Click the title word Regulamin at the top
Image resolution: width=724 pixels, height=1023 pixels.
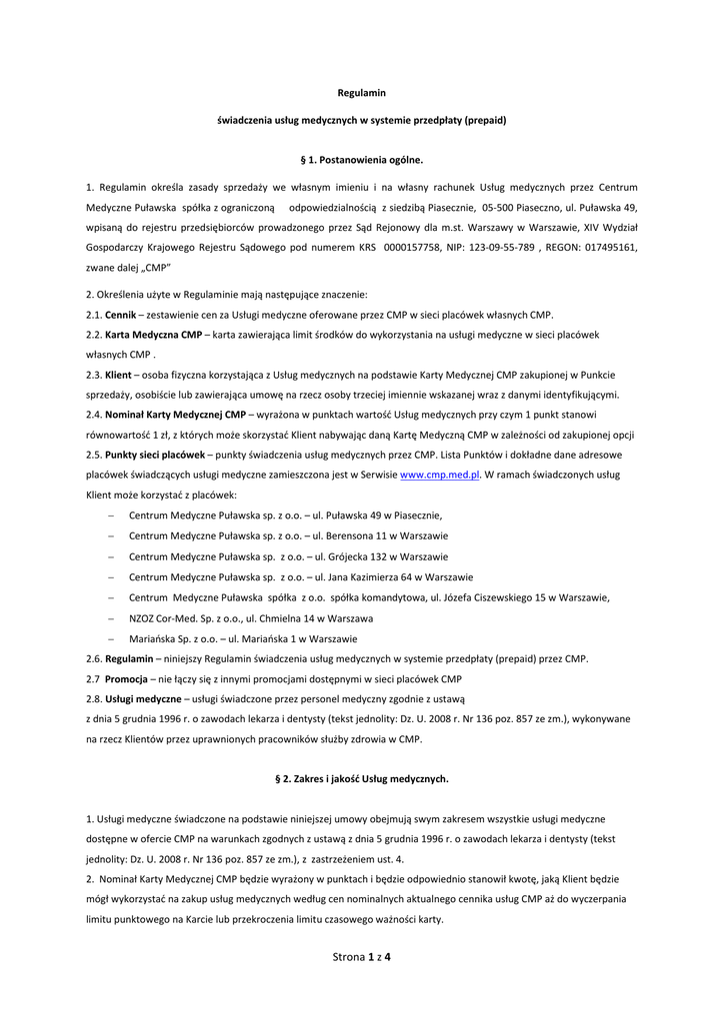(x=362, y=93)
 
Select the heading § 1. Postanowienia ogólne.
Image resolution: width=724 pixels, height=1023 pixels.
(x=362, y=159)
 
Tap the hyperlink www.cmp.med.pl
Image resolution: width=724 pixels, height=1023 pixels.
(x=440, y=477)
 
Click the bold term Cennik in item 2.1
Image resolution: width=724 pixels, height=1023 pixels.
(x=121, y=315)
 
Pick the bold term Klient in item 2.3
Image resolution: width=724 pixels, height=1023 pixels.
(x=118, y=375)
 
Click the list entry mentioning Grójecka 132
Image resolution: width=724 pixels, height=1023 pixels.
(x=288, y=556)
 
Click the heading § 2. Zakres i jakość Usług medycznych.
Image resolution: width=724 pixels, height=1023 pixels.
(x=362, y=777)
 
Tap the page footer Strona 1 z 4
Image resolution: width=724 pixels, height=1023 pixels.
(x=361, y=957)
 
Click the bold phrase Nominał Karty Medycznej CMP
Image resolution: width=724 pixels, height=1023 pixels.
(x=175, y=414)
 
